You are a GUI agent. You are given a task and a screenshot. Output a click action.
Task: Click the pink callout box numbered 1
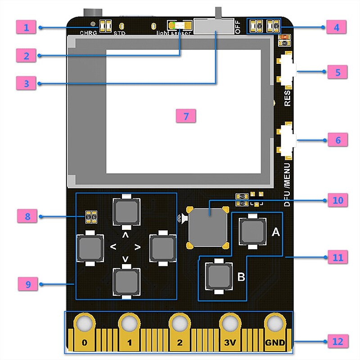point(27,27)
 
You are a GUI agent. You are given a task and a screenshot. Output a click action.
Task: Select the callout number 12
point(337,342)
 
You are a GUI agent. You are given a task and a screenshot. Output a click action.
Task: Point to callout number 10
point(337,200)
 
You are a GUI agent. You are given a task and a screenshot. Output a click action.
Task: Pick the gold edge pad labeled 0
point(84,333)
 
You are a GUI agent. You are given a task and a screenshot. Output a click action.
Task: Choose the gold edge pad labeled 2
point(180,333)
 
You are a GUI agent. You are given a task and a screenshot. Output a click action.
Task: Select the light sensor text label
point(174,33)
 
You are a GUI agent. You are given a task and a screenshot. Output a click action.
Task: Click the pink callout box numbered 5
point(337,72)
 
